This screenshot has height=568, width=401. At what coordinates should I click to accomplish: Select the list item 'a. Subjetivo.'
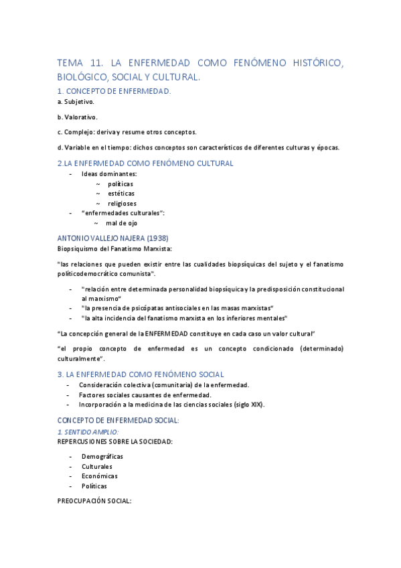pyautogui.click(x=76, y=102)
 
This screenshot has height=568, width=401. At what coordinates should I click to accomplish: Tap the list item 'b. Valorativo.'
pyautogui.click(x=77, y=117)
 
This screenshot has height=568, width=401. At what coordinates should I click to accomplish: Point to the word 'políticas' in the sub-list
pyautogui.click(x=121, y=184)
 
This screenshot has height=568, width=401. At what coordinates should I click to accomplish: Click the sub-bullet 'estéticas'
pyautogui.click(x=121, y=194)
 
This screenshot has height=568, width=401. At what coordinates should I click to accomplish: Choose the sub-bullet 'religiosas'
pyautogui.click(x=122, y=204)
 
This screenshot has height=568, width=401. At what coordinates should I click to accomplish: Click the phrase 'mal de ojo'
pyautogui.click(x=122, y=223)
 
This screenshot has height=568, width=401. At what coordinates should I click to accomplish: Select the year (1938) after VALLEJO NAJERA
pyautogui.click(x=154, y=238)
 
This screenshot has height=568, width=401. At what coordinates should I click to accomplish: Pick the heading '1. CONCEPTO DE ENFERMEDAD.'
pyautogui.click(x=114, y=91)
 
